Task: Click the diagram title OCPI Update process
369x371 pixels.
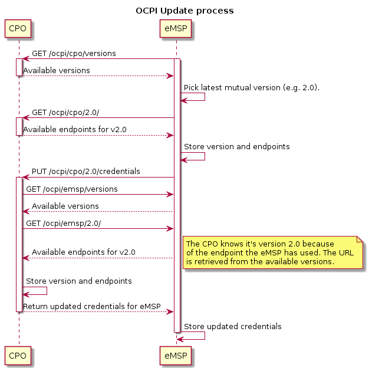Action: click(x=184, y=11)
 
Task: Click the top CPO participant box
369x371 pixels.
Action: click(x=18, y=28)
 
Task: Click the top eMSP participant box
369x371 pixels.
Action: click(x=176, y=28)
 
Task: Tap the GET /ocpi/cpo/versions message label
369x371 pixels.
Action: click(x=74, y=54)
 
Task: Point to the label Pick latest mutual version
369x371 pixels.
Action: click(x=251, y=87)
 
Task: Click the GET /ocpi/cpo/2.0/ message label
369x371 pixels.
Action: click(x=65, y=113)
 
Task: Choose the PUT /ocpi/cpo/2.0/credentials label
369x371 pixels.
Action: click(x=85, y=172)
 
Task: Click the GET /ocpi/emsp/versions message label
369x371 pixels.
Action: click(x=71, y=189)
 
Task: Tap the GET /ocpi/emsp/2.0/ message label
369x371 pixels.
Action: click(x=63, y=223)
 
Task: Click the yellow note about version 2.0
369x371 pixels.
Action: click(x=272, y=252)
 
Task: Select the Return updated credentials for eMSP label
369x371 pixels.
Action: click(x=91, y=306)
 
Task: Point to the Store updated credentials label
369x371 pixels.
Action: click(x=232, y=326)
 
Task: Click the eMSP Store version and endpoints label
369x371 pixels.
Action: click(x=236, y=146)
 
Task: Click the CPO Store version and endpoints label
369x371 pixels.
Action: click(x=78, y=281)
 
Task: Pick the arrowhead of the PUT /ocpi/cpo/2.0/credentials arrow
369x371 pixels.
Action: click(x=26, y=177)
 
